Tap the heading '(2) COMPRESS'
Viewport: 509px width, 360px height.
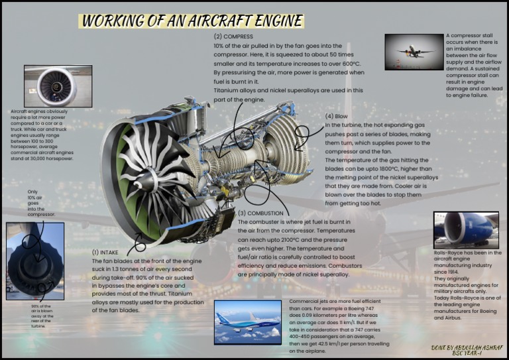[x=233, y=36]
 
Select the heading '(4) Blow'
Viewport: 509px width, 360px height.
[x=337, y=116]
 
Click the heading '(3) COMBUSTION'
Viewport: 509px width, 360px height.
[x=260, y=213]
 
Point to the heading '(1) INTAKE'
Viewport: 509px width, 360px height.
[x=105, y=253]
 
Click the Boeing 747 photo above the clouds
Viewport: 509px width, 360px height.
[x=248, y=322]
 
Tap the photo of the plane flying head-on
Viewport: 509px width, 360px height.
[x=414, y=52]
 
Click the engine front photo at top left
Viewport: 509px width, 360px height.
[x=58, y=86]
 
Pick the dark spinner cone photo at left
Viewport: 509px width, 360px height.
[x=34, y=261]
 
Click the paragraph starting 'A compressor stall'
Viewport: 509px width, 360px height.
[x=474, y=65]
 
